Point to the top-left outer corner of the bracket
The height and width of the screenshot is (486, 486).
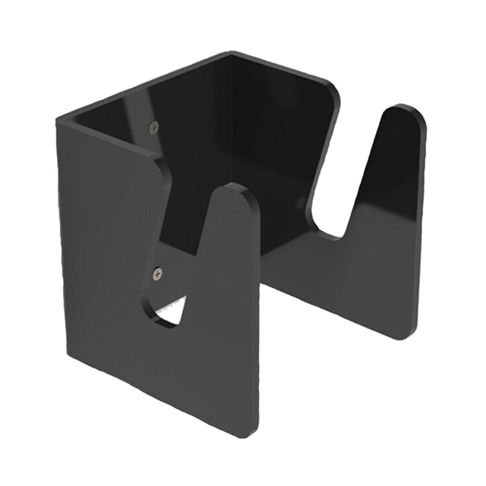57,119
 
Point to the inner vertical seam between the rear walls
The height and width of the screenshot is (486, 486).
231,146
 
